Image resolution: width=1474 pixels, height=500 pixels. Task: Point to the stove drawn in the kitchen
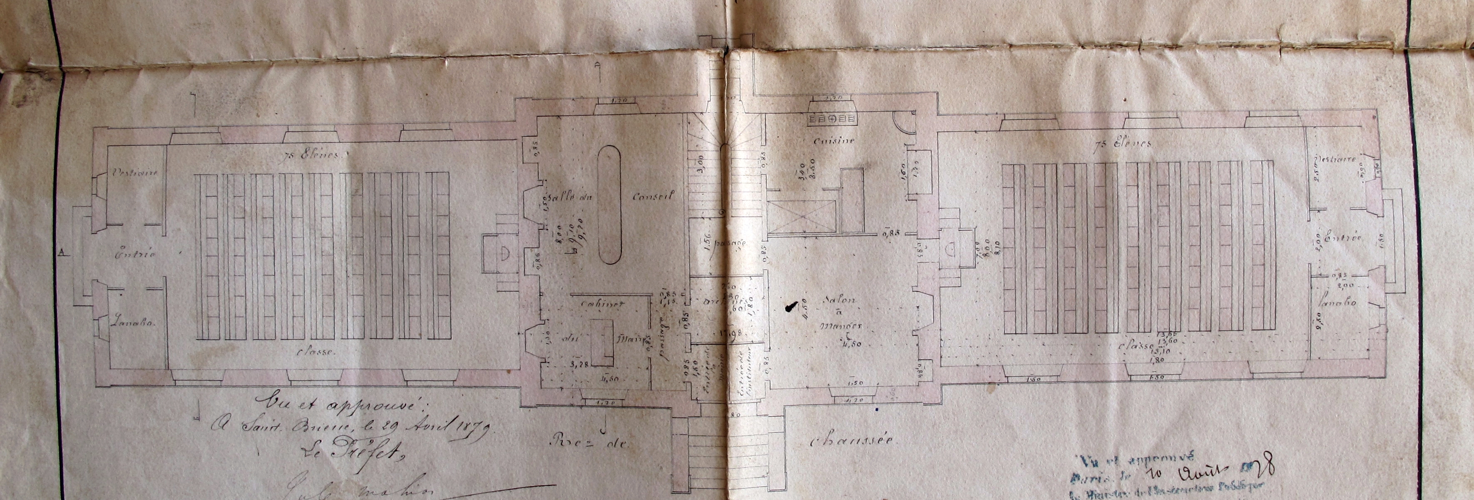click(833, 119)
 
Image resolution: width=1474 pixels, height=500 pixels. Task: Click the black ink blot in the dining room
click(791, 307)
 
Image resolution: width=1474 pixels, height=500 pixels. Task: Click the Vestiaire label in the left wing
click(136, 172)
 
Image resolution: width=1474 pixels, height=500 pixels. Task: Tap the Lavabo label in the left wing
click(133, 322)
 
